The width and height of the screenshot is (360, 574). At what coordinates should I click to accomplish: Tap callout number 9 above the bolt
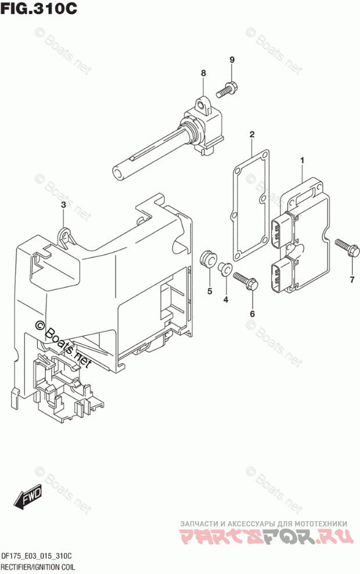232,60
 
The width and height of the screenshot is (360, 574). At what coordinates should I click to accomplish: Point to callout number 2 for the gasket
252,135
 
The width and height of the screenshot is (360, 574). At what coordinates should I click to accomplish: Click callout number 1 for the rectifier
302,159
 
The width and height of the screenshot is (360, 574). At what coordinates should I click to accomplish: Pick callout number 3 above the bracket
63,205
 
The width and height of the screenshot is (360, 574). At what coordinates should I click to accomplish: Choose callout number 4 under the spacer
226,299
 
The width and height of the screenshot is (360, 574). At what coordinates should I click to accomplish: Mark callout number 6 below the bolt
252,314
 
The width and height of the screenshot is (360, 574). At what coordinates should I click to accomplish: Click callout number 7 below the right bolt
351,281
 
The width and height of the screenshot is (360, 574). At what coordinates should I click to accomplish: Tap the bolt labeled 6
244,282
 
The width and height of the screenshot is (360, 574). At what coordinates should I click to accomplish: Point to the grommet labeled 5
207,259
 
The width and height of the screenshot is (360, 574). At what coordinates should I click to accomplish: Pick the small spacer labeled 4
224,268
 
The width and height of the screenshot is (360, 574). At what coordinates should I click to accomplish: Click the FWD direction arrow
27,498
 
